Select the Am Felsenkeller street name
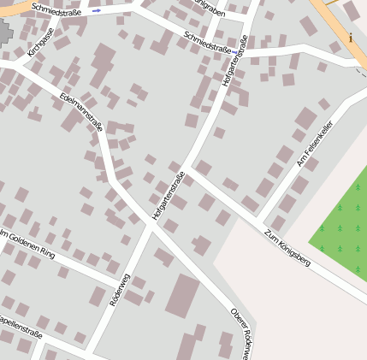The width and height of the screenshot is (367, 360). [314, 143]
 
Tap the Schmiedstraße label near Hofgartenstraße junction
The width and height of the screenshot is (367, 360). [208, 43]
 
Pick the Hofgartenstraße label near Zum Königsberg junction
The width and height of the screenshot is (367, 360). [168, 198]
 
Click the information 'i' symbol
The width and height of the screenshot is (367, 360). [351, 38]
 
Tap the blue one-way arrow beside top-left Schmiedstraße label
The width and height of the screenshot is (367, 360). [96, 11]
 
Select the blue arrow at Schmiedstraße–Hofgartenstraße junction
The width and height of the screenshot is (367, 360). [236, 53]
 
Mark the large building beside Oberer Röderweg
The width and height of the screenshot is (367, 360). [182, 295]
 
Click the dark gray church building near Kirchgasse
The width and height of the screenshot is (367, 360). [4, 35]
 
